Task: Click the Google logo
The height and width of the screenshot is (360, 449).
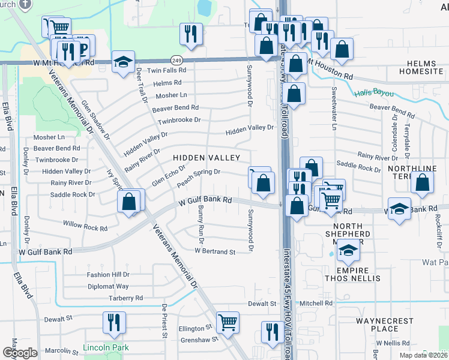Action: [x=20, y=352]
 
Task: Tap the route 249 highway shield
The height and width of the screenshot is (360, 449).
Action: [x=176, y=60]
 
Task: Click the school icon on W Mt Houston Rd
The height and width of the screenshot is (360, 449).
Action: [x=123, y=62]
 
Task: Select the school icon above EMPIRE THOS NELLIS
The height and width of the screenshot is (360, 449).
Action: [x=348, y=250]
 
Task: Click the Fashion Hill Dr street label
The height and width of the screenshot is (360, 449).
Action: [x=108, y=274]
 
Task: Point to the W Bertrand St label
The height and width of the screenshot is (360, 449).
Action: [x=215, y=251]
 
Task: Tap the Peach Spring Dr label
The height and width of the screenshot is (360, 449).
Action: [x=199, y=175]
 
